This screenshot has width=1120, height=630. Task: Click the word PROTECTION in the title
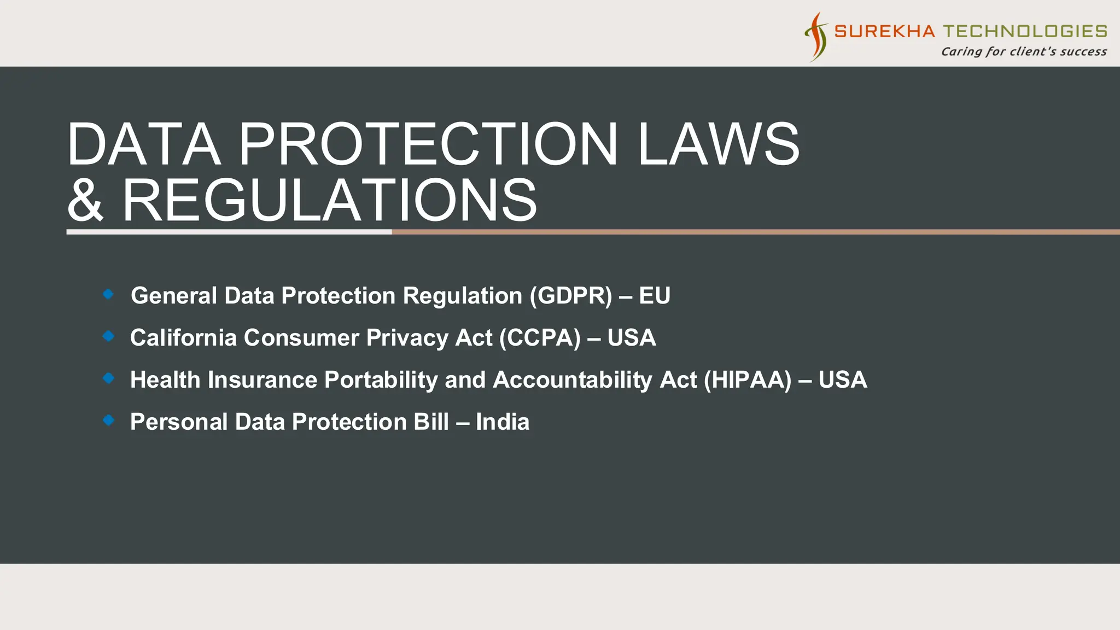(x=428, y=144)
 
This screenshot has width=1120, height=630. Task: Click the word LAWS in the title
(x=718, y=144)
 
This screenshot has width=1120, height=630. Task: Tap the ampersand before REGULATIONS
(x=85, y=201)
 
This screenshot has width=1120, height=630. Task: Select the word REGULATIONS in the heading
(x=329, y=201)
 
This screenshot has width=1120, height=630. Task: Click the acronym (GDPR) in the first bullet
(x=570, y=296)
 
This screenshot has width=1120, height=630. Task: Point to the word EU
(x=654, y=296)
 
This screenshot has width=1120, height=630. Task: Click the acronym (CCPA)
(x=539, y=338)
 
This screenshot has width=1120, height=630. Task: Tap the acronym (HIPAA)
(x=747, y=380)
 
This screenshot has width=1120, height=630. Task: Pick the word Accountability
(x=573, y=380)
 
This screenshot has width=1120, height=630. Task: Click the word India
(x=502, y=422)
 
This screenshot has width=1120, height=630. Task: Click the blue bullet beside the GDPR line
(x=108, y=294)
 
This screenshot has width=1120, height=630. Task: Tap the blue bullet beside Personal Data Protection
(x=108, y=420)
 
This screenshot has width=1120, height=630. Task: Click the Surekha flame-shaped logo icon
(x=816, y=37)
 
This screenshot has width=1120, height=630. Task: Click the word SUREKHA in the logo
(x=884, y=31)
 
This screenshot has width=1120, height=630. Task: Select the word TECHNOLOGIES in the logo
(x=1025, y=31)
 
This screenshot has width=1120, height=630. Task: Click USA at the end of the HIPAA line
(x=842, y=380)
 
